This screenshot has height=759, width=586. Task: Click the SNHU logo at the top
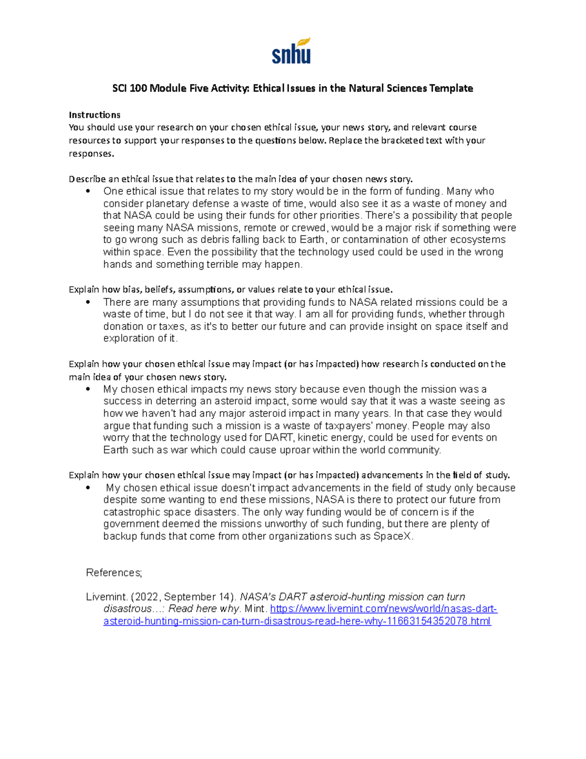point(292,51)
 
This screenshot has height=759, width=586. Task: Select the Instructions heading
point(94,115)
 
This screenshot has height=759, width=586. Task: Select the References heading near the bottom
point(114,572)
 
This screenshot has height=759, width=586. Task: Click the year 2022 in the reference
point(145,597)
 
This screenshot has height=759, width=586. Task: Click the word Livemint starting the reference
point(106,597)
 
